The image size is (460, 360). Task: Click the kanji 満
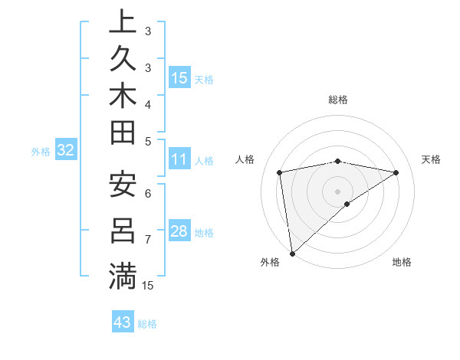click(x=123, y=276)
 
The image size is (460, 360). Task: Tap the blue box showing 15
click(x=179, y=78)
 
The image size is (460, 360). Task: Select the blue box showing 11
click(x=179, y=160)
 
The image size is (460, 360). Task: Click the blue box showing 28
click(x=179, y=231)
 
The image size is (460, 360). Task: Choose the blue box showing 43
click(x=123, y=322)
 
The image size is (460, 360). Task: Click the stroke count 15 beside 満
click(x=149, y=286)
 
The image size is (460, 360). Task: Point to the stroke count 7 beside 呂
click(x=149, y=239)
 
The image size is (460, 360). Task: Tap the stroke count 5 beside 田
click(x=149, y=140)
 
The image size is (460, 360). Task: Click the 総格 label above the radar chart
click(x=337, y=100)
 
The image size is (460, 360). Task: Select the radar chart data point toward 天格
click(x=396, y=172)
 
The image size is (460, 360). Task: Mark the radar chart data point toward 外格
click(x=292, y=253)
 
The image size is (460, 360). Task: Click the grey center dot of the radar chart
click(x=337, y=191)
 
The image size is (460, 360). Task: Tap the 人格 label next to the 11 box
click(x=204, y=161)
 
